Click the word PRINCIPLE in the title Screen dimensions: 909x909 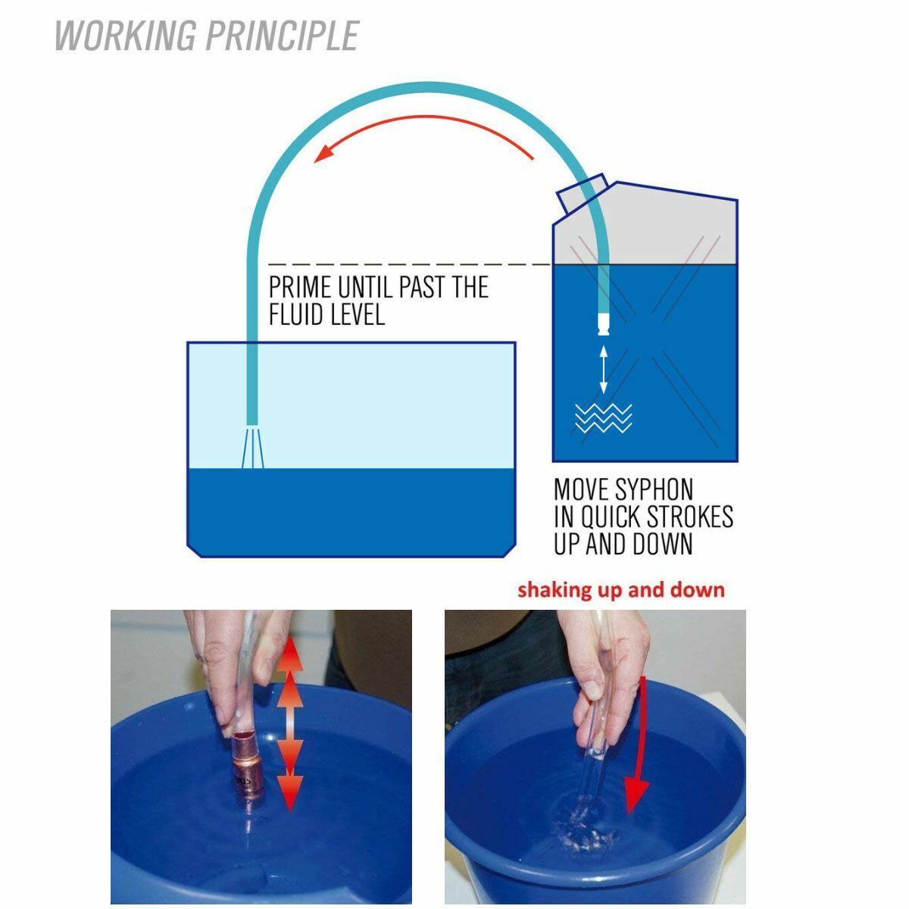[x=283, y=36]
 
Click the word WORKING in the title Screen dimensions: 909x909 [x=125, y=36]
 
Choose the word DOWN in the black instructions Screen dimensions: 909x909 [x=662, y=543]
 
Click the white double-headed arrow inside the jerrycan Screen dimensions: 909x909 [x=603, y=370]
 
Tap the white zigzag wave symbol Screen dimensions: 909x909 [x=603, y=419]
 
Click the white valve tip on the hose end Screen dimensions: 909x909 [x=604, y=324]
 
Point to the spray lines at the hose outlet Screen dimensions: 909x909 [x=252, y=448]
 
